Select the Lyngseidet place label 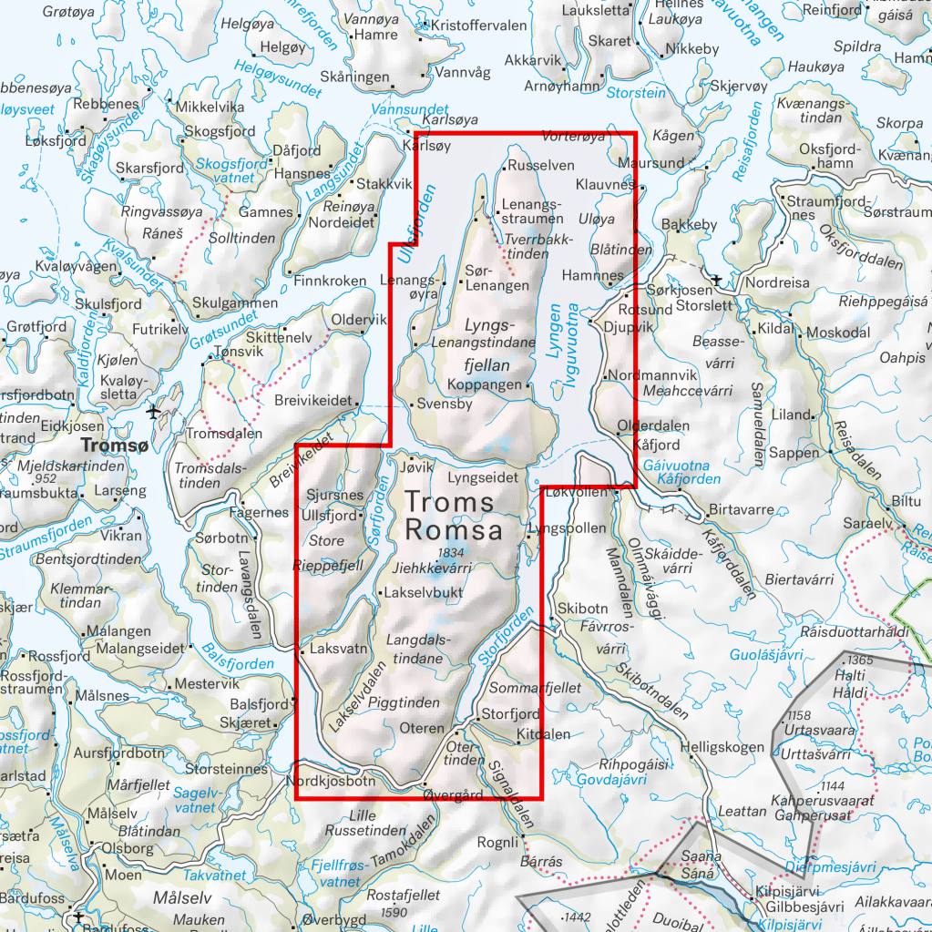point(484,476)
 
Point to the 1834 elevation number point(450,552)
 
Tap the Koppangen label point(493,384)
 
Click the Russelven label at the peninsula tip point(541,166)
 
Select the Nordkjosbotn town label point(330,781)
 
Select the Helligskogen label point(727,747)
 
